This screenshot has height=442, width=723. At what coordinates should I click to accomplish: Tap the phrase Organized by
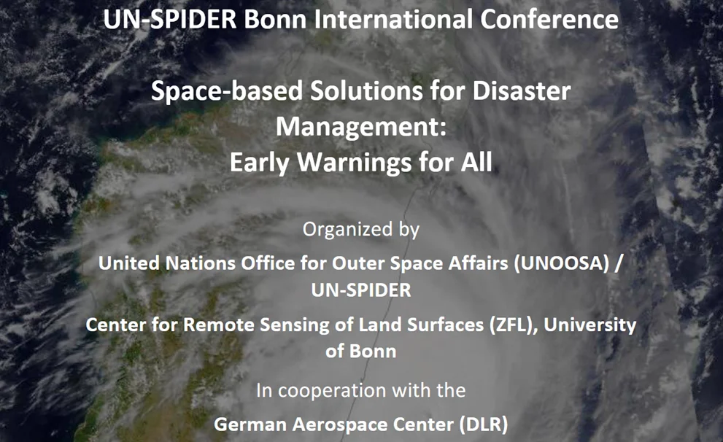[x=361, y=229]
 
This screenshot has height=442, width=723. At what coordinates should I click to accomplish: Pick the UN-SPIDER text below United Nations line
[x=361, y=290]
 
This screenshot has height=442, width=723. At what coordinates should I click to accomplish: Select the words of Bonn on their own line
[x=361, y=351]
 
